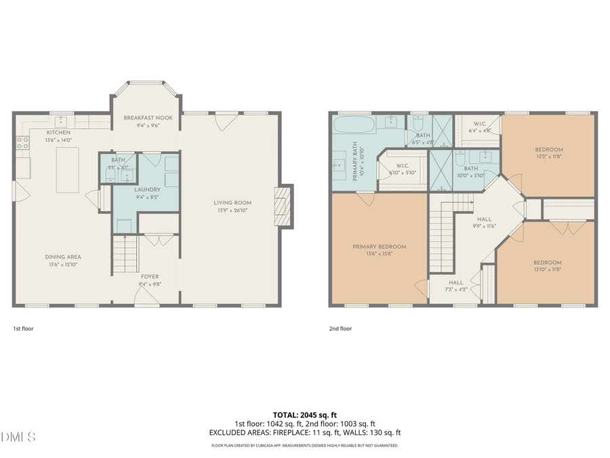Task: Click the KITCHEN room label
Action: click(59, 132)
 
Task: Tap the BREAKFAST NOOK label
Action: click(148, 118)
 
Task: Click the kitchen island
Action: click(68, 170)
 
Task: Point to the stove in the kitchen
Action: click(22, 143)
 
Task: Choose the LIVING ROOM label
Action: click(232, 202)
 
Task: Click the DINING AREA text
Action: click(63, 256)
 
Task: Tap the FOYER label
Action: click(150, 277)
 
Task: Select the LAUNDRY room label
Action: click(146, 190)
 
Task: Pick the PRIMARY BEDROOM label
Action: click(379, 246)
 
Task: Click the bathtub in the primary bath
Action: click(354, 125)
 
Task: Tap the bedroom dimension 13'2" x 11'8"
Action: click(549, 157)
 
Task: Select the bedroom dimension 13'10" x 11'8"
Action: click(547, 269)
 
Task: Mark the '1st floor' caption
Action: click(23, 328)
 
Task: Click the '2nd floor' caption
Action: click(340, 328)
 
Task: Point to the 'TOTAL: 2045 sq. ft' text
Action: click(304, 415)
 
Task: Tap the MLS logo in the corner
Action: click(18, 436)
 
